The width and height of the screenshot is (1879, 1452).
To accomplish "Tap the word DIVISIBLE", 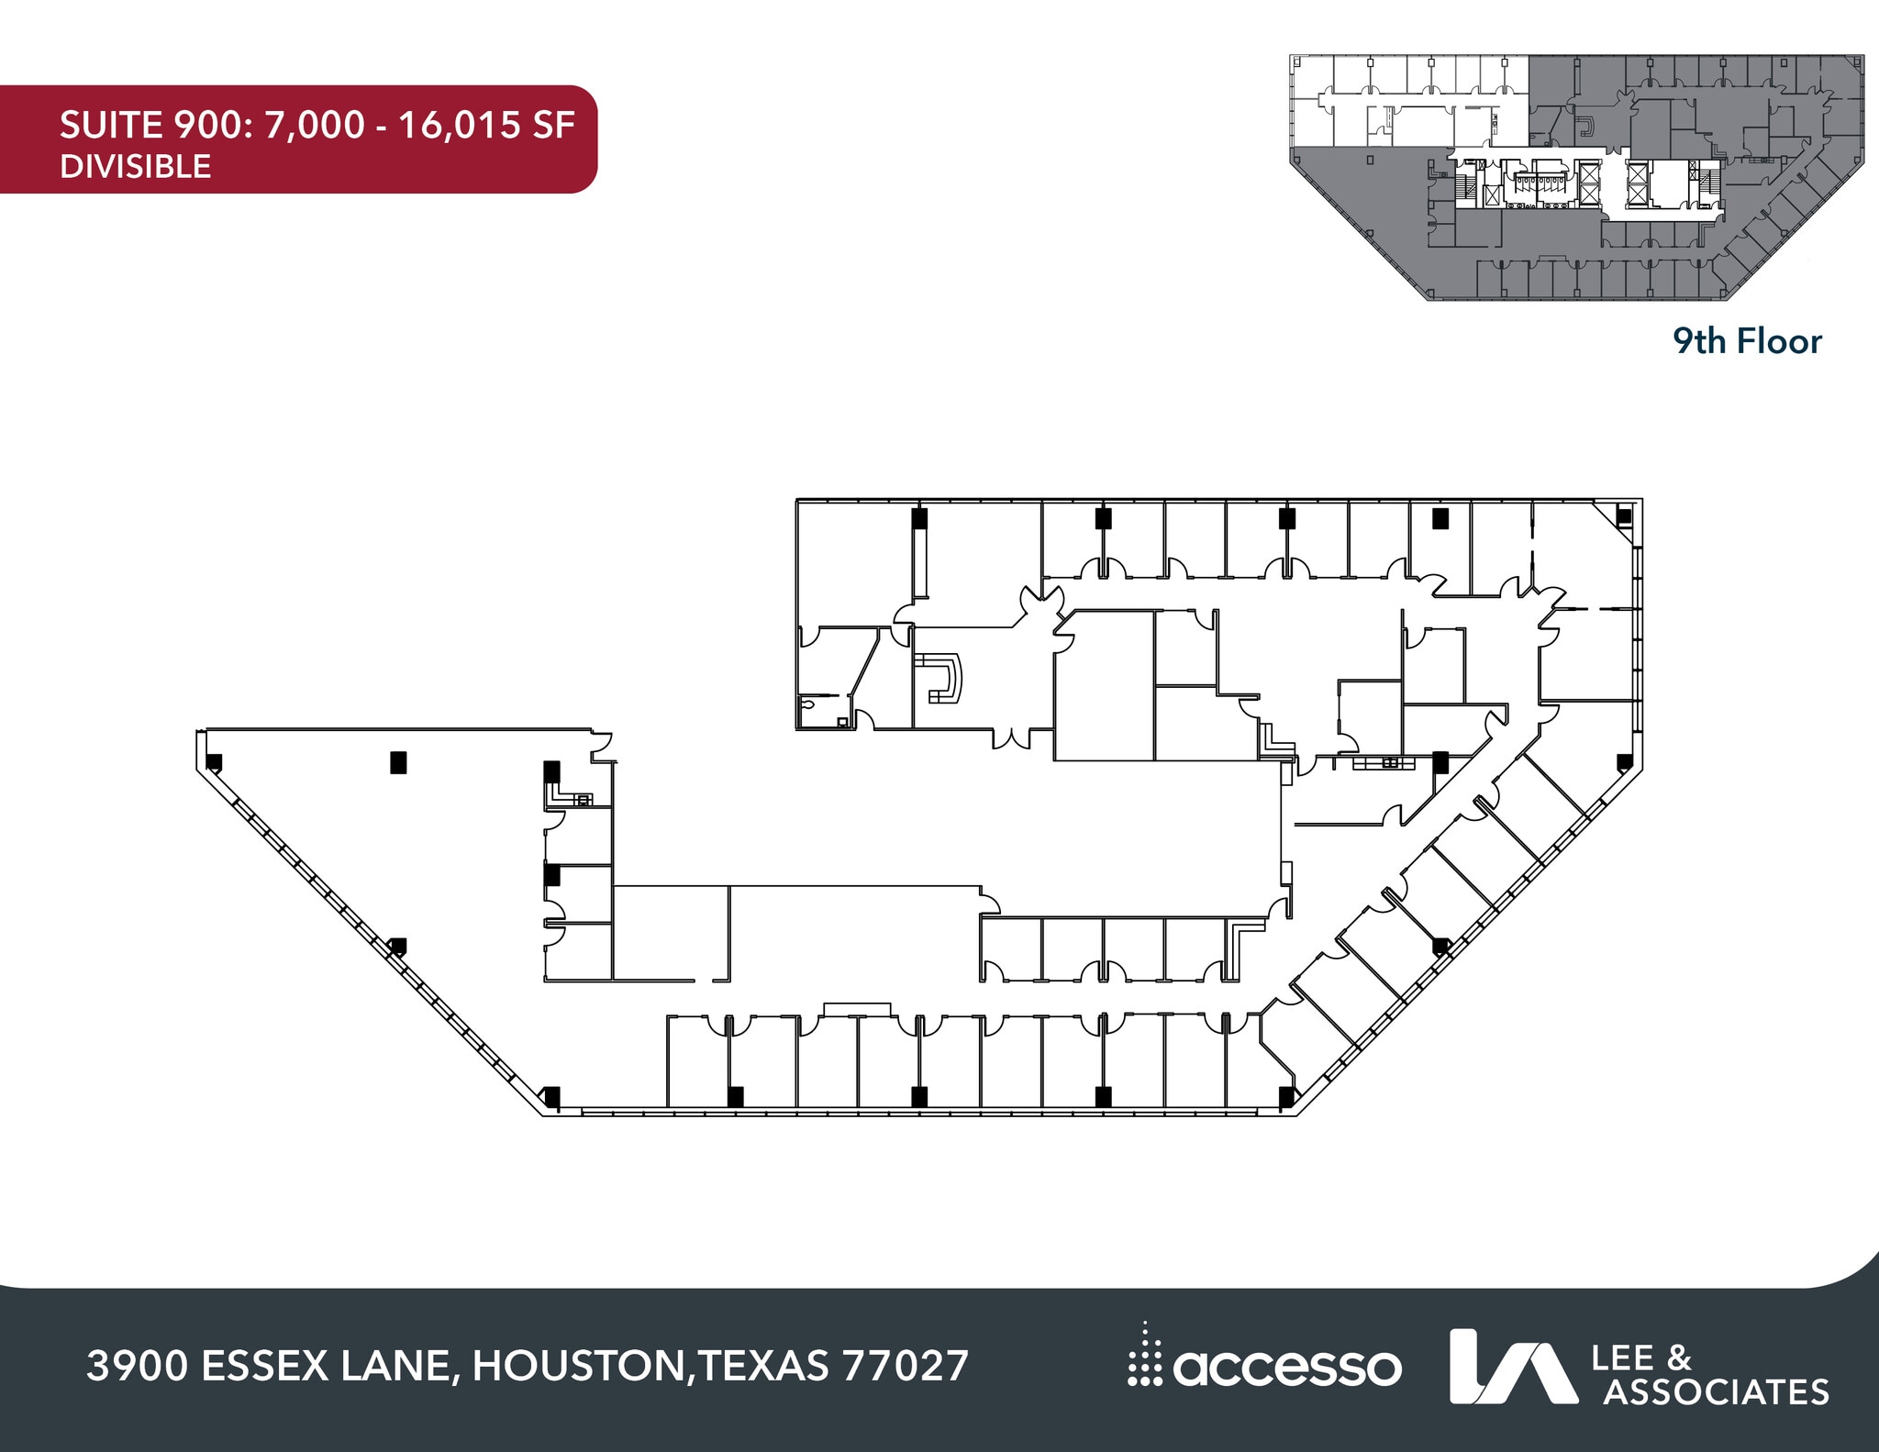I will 135,167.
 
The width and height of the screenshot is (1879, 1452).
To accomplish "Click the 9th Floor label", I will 1747,341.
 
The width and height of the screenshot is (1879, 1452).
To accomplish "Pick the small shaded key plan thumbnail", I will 1576,177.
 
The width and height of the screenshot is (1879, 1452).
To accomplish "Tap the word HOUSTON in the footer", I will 578,1366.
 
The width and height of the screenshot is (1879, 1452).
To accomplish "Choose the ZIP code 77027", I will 905,1366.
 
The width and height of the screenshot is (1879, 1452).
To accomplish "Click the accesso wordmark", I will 1286,1369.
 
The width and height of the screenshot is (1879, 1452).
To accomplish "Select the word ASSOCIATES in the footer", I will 1716,1392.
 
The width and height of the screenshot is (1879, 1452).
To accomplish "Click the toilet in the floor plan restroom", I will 808,705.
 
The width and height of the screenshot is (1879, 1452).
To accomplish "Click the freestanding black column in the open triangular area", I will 398,762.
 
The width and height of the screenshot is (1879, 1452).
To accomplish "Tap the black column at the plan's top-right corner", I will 1624,516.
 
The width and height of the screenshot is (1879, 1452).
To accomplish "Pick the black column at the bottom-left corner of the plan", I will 551,1095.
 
